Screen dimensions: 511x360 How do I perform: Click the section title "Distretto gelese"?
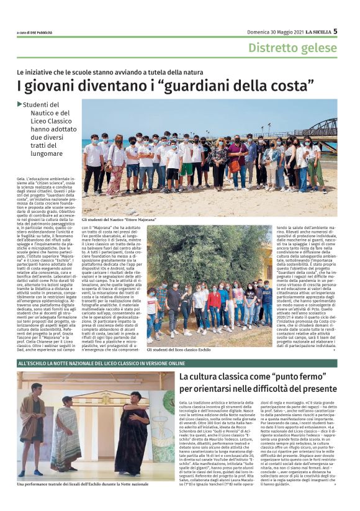[x=292, y=48]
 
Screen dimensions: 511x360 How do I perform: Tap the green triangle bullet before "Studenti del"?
[x=20, y=104]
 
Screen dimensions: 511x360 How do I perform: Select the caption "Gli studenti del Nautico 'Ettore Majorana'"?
[x=119, y=219]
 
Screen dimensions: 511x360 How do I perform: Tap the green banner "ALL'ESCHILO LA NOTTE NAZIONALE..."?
[x=93, y=363]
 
